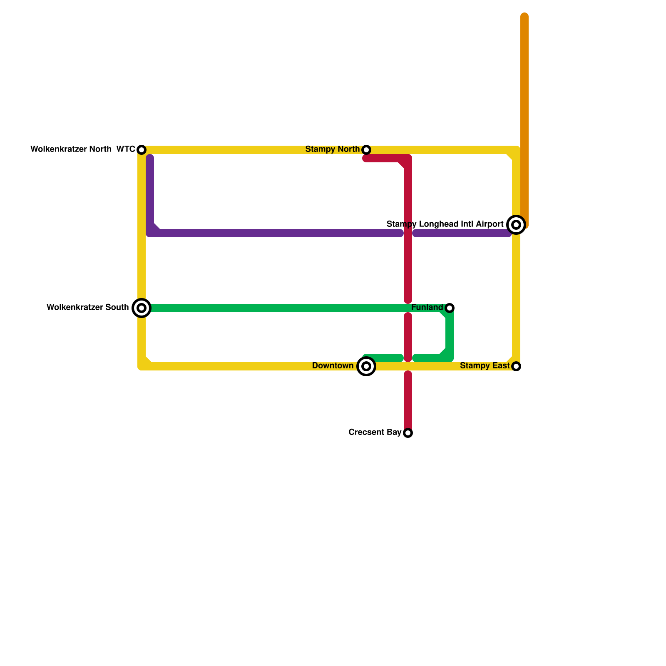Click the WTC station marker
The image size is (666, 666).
142,150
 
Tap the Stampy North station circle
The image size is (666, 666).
366,150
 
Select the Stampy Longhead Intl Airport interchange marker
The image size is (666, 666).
516,225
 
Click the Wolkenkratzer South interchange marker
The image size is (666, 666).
142,308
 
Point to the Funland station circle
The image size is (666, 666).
450,308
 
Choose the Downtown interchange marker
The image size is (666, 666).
366,366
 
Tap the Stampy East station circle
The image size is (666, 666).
516,366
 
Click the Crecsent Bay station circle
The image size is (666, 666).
408,433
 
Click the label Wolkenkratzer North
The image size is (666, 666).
71,149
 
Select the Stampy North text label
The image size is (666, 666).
332,149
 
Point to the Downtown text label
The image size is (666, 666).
332,365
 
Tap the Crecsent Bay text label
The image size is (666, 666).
375,432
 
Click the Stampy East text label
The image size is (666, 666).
485,365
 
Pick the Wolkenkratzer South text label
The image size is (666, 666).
87,307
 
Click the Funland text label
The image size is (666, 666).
427,307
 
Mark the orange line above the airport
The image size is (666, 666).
524,104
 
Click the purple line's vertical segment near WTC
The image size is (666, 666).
150,191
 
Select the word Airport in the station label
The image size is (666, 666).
490,224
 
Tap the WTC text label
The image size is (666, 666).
125,149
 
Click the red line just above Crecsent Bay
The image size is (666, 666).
408,408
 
